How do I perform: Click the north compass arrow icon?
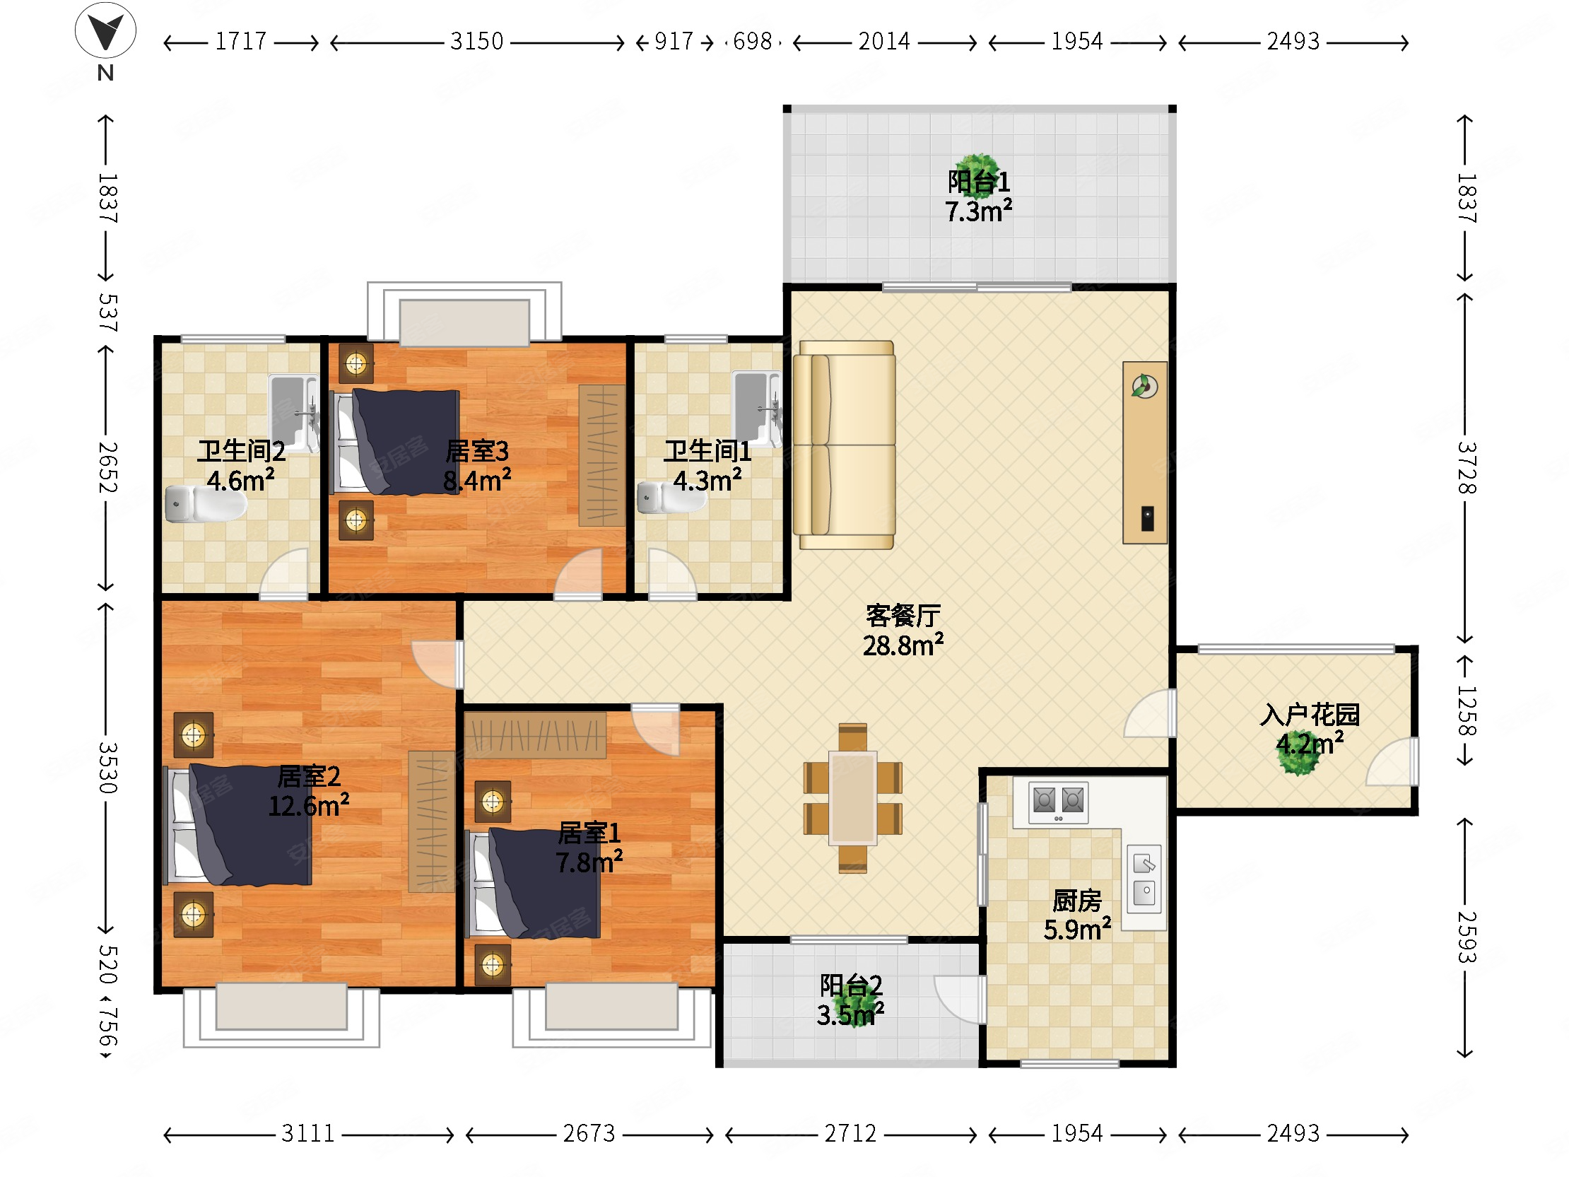click(x=105, y=30)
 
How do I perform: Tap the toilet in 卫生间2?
click(x=206, y=503)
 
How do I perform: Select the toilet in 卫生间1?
click(x=671, y=497)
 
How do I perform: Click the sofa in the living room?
click(x=843, y=445)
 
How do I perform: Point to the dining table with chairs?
click(x=852, y=798)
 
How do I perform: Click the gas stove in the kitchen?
click(x=1058, y=801)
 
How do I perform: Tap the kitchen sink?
click(x=1144, y=877)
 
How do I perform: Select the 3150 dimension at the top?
click(x=476, y=41)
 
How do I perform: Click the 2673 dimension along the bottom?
click(x=589, y=1134)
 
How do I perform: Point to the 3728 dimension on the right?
click(x=1466, y=468)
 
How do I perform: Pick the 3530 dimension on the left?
click(x=107, y=768)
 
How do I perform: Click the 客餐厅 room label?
click(x=903, y=616)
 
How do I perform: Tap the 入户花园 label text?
click(x=1310, y=715)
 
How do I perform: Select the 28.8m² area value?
click(x=903, y=645)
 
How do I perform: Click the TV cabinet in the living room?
click(x=1145, y=452)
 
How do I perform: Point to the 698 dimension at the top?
click(x=752, y=41)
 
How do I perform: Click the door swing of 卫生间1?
click(x=671, y=573)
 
